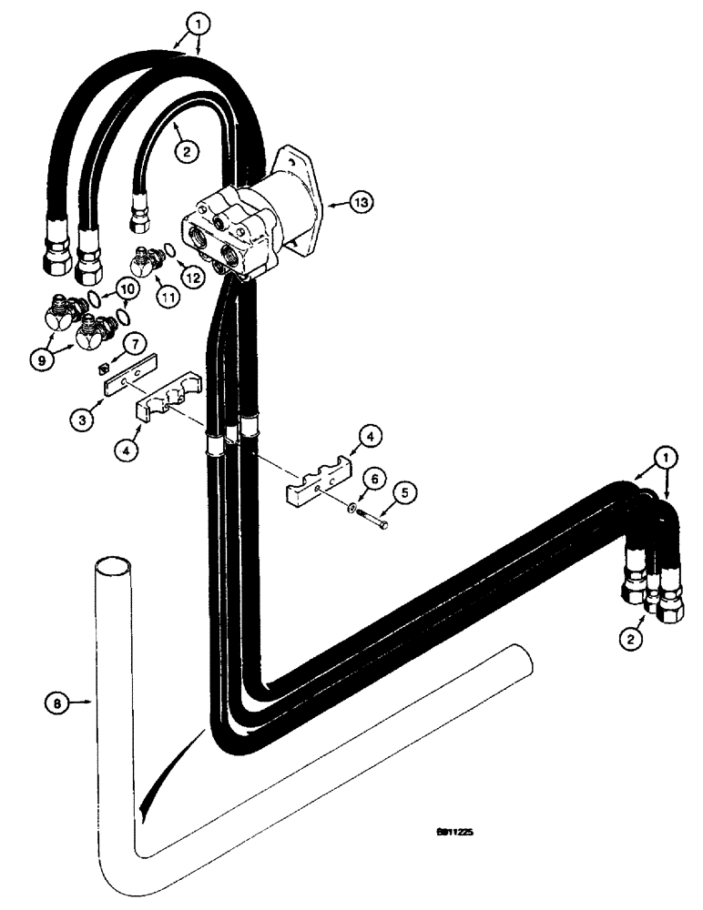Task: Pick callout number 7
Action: (132, 343)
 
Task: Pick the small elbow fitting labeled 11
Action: (143, 262)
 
